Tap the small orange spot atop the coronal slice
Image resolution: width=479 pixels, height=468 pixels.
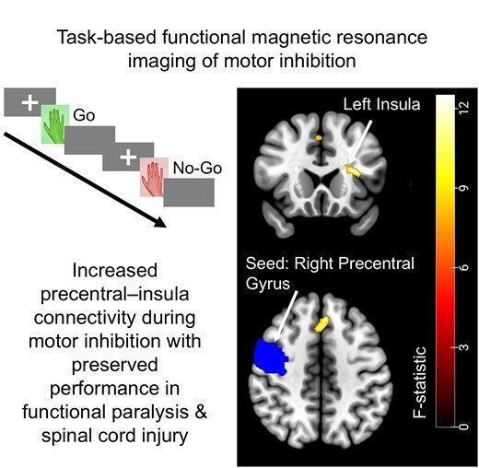(318, 137)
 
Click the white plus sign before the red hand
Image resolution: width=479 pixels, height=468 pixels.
(125, 155)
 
